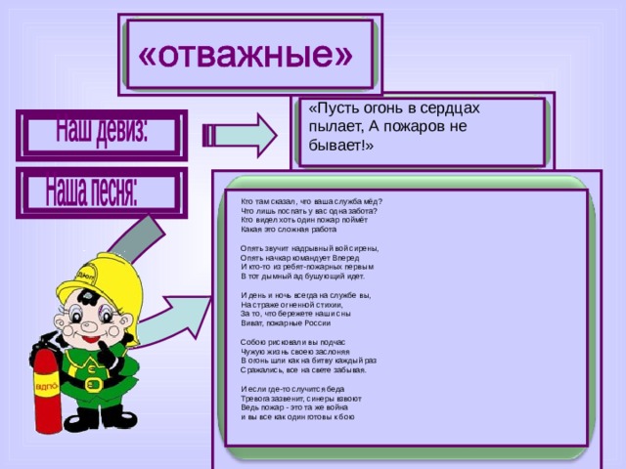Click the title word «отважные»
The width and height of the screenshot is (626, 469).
246,55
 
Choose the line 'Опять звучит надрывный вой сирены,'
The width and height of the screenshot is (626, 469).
309,248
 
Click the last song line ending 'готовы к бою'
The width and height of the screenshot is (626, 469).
297,416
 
